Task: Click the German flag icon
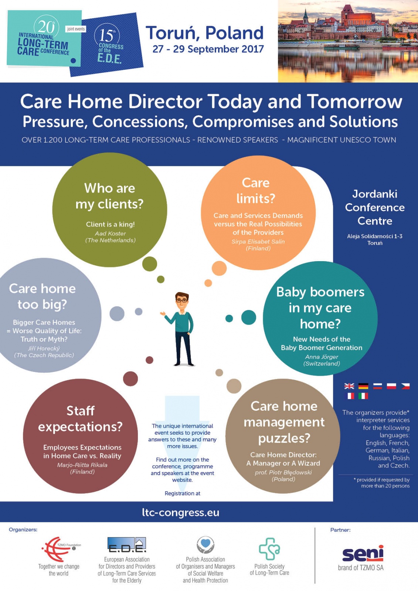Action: pyautogui.click(x=363, y=386)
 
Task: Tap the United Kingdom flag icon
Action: pyautogui.click(x=349, y=386)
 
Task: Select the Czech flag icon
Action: pyautogui.click(x=405, y=386)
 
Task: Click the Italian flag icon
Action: pyautogui.click(x=363, y=396)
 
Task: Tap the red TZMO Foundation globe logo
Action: pyautogui.click(x=61, y=549)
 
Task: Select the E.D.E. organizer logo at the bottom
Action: pyautogui.click(x=127, y=545)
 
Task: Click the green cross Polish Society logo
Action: pyautogui.click(x=269, y=549)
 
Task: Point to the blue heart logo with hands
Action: pyautogui.click(x=205, y=545)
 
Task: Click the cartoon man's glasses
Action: pyautogui.click(x=182, y=301)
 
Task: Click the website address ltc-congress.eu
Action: pyautogui.click(x=181, y=512)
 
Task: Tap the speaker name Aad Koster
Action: pyautogui.click(x=111, y=233)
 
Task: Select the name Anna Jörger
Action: pyautogui.click(x=322, y=357)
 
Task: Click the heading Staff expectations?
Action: pyautogui.click(x=80, y=419)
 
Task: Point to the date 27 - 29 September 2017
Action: pyautogui.click(x=208, y=49)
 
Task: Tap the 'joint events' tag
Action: pyautogui.click(x=76, y=29)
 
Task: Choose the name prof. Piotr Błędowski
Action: pyautogui.click(x=283, y=472)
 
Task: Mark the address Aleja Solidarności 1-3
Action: pyautogui.click(x=375, y=236)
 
